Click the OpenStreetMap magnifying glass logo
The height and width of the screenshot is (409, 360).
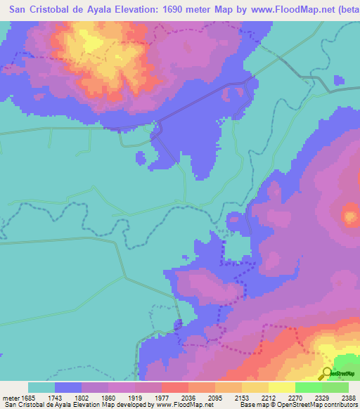point(326,373)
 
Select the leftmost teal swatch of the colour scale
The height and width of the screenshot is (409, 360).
point(41,387)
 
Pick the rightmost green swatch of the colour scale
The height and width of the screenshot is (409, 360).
point(335,387)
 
